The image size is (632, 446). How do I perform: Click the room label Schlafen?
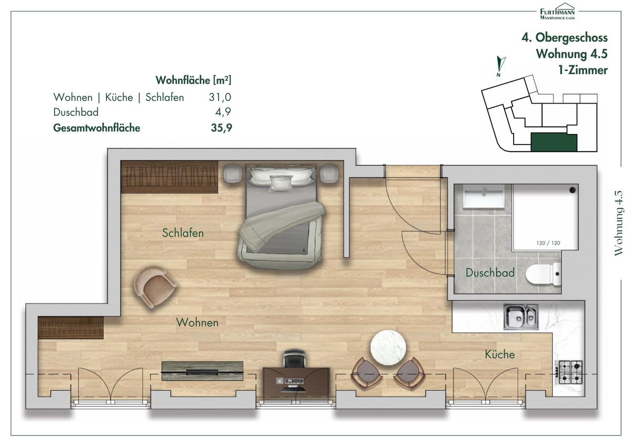pos(183,233)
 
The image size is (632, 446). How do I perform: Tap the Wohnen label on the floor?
pos(197,322)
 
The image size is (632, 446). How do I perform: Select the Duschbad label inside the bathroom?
pos(490,272)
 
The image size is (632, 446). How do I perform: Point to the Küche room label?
pos(500,354)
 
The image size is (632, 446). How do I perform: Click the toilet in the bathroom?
pos(543,274)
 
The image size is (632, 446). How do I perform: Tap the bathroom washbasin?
pos(484,197)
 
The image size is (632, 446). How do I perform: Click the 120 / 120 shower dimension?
pos(548,243)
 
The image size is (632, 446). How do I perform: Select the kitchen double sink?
pos(521,317)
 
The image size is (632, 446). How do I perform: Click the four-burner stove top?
pos(569,372)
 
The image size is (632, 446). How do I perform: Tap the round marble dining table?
pos(388,348)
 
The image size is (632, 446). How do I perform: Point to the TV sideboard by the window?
pos(202,371)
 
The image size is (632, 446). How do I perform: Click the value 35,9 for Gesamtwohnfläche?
pos(222,128)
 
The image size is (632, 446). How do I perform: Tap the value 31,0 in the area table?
pos(220,97)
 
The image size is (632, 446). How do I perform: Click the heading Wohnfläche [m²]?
pos(193,80)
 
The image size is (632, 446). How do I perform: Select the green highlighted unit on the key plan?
pos(554,143)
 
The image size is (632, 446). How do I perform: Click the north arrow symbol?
pos(500,66)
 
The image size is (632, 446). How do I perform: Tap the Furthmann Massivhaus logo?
pos(557,12)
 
